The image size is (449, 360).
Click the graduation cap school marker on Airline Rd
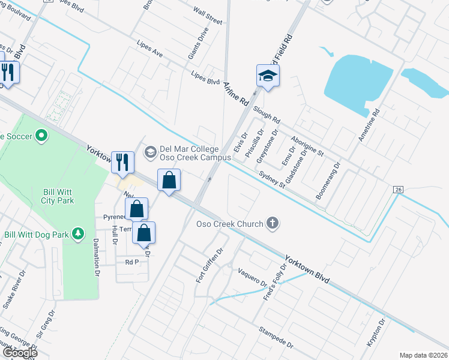tap(268, 76)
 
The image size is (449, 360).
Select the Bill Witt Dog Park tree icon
tap(77, 233)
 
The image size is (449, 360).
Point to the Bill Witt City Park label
tap(58, 197)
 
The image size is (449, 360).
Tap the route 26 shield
tap(397, 189)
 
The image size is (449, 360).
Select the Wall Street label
tap(208, 17)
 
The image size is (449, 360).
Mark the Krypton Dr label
tap(375, 332)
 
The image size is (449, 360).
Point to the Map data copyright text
tap(423, 355)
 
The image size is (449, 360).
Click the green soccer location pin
tap(41, 136)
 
